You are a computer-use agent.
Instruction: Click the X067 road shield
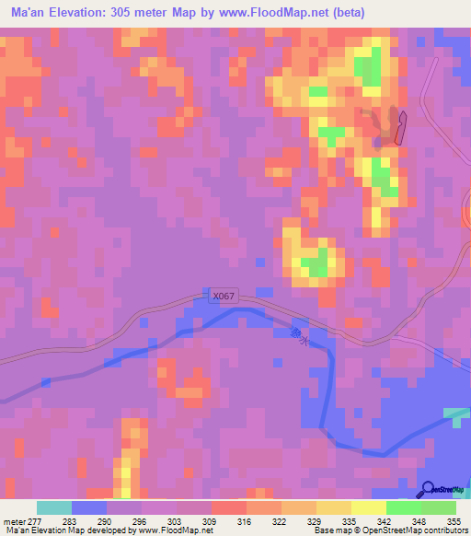(224, 296)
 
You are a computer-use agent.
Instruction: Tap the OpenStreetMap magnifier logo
(429, 490)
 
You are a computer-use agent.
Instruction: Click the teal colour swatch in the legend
(53, 508)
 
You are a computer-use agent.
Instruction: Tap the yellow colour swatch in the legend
(368, 508)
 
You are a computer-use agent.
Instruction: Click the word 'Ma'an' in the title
(28, 12)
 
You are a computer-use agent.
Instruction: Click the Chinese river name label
(295, 336)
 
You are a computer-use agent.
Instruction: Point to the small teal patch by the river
(455, 414)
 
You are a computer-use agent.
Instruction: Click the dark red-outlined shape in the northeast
(400, 126)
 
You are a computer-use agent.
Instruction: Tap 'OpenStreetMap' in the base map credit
(395, 530)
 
